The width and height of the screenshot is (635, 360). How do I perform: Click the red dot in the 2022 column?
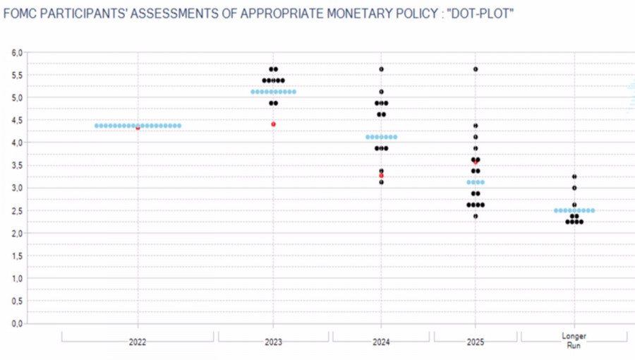point(138,128)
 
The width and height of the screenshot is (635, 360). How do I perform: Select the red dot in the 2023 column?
point(273,124)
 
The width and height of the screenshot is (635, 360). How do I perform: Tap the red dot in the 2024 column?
point(381,176)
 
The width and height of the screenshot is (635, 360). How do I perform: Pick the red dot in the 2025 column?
point(476,162)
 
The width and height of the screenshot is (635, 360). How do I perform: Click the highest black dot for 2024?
point(381,69)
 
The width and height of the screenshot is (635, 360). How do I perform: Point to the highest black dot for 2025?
point(476,69)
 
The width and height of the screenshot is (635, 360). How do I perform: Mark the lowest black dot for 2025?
point(476,216)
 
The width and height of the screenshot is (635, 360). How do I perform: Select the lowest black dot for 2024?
point(381,182)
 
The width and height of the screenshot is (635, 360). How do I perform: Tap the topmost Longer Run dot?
point(574,176)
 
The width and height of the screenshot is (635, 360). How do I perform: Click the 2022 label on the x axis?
point(138,342)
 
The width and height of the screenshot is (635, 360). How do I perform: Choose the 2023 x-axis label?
point(273,342)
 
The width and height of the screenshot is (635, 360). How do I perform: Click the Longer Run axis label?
point(574,341)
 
